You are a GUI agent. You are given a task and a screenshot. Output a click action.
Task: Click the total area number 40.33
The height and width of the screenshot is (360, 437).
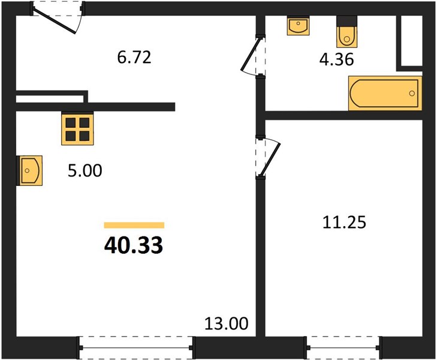coord(134,245)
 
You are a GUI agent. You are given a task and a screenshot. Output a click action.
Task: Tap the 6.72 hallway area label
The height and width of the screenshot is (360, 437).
coord(134,58)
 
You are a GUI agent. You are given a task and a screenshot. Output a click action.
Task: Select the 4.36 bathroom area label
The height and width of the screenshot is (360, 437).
coord(336,59)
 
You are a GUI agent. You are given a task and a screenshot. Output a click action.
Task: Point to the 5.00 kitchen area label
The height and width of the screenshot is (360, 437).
coord(85,170)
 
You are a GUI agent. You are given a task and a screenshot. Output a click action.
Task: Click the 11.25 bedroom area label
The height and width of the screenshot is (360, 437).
coord(344,223)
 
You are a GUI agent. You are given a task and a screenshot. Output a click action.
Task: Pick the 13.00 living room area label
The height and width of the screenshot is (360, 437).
coord(226,324)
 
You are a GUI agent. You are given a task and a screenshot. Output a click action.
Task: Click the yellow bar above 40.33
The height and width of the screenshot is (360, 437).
coord(134,225)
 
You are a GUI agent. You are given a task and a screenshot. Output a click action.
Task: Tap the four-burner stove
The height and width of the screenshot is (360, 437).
coord(77,128)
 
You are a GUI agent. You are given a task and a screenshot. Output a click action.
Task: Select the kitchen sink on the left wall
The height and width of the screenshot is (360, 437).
coord(29,170)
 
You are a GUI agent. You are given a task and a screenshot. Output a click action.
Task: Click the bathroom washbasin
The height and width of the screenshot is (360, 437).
coord(298,26)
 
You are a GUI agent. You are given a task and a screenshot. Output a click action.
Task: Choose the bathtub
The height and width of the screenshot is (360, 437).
coord(385,93)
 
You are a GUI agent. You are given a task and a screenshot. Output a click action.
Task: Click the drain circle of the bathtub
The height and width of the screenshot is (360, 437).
coord(412,94)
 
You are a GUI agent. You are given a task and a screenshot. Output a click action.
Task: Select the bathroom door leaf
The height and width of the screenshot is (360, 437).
coord(251,54)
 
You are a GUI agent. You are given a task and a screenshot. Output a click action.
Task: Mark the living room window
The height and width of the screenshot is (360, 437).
coord(136,348)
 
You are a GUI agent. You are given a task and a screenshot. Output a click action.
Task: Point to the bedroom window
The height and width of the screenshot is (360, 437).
coord(343,348)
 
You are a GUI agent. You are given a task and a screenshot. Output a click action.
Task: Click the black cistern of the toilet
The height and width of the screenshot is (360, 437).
coord(346,21)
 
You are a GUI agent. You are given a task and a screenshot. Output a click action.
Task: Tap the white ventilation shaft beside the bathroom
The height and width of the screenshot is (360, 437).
coord(412,41)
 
